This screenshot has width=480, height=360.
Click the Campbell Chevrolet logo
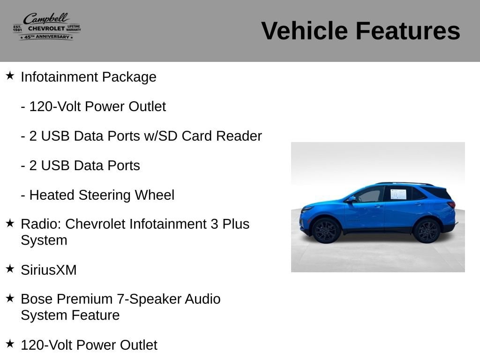[x=47, y=27]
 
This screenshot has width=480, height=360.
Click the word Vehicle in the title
[x=305, y=31]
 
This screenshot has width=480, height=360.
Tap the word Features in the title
[x=408, y=31]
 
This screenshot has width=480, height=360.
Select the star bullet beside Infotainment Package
[x=10, y=75]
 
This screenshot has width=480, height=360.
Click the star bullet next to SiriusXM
[x=10, y=269]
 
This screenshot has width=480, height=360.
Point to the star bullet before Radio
[x=10, y=223]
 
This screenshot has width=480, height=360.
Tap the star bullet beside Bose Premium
[x=10, y=298]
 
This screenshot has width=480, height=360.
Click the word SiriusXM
[x=49, y=270]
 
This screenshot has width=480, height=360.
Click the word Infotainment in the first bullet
[x=60, y=77]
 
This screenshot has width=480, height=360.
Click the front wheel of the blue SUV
[x=326, y=231]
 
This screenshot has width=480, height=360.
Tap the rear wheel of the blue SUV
[x=427, y=231]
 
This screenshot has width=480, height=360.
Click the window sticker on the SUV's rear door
[x=398, y=195]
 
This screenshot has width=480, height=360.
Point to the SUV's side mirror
[x=351, y=199]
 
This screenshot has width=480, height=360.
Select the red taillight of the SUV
[x=452, y=204]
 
